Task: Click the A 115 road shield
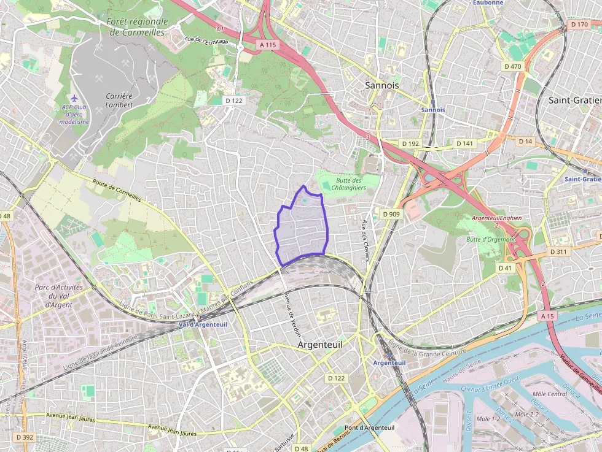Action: coord(268,45)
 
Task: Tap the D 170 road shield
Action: coord(579,25)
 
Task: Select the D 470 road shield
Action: coord(512,66)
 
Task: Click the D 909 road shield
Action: coord(391,214)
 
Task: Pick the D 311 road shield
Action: coord(559,251)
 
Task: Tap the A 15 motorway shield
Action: coord(547,315)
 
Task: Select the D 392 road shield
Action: coord(25,437)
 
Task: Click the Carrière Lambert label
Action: coord(119,100)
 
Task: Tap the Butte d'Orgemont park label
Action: coord(490,239)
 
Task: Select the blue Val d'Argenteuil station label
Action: coord(203,324)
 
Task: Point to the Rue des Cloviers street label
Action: coord(365,239)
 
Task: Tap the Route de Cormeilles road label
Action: coord(117,190)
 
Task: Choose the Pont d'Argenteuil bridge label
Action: coord(369,427)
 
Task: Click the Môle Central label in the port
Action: coord(550,393)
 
